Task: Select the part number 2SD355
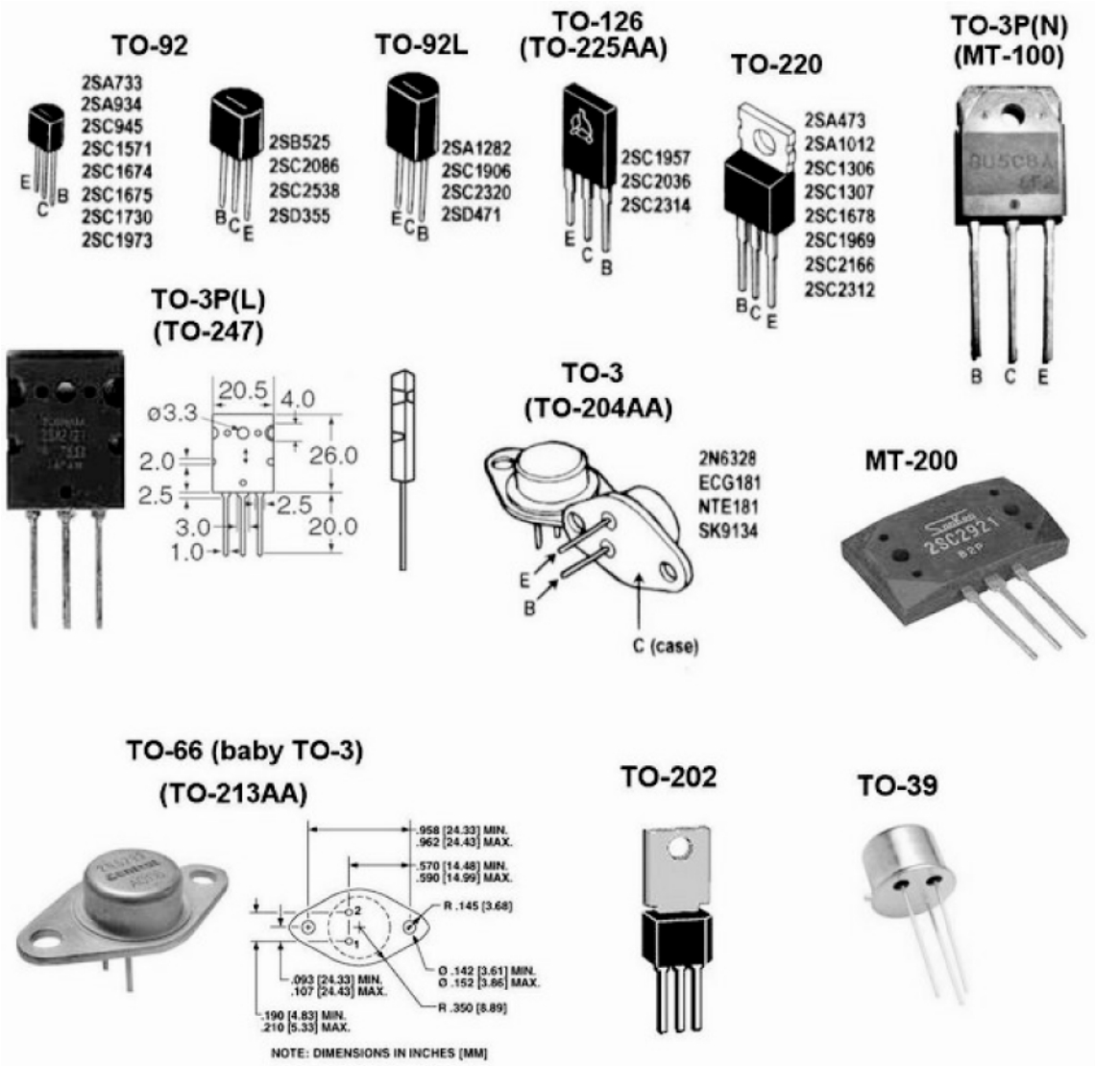click(x=299, y=215)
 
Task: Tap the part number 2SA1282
click(x=476, y=148)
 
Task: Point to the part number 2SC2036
click(x=655, y=182)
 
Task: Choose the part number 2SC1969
click(x=839, y=240)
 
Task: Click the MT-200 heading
click(x=910, y=461)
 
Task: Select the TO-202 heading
click(x=668, y=777)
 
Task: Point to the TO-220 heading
click(x=776, y=64)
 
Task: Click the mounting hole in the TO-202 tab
click(x=680, y=849)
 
